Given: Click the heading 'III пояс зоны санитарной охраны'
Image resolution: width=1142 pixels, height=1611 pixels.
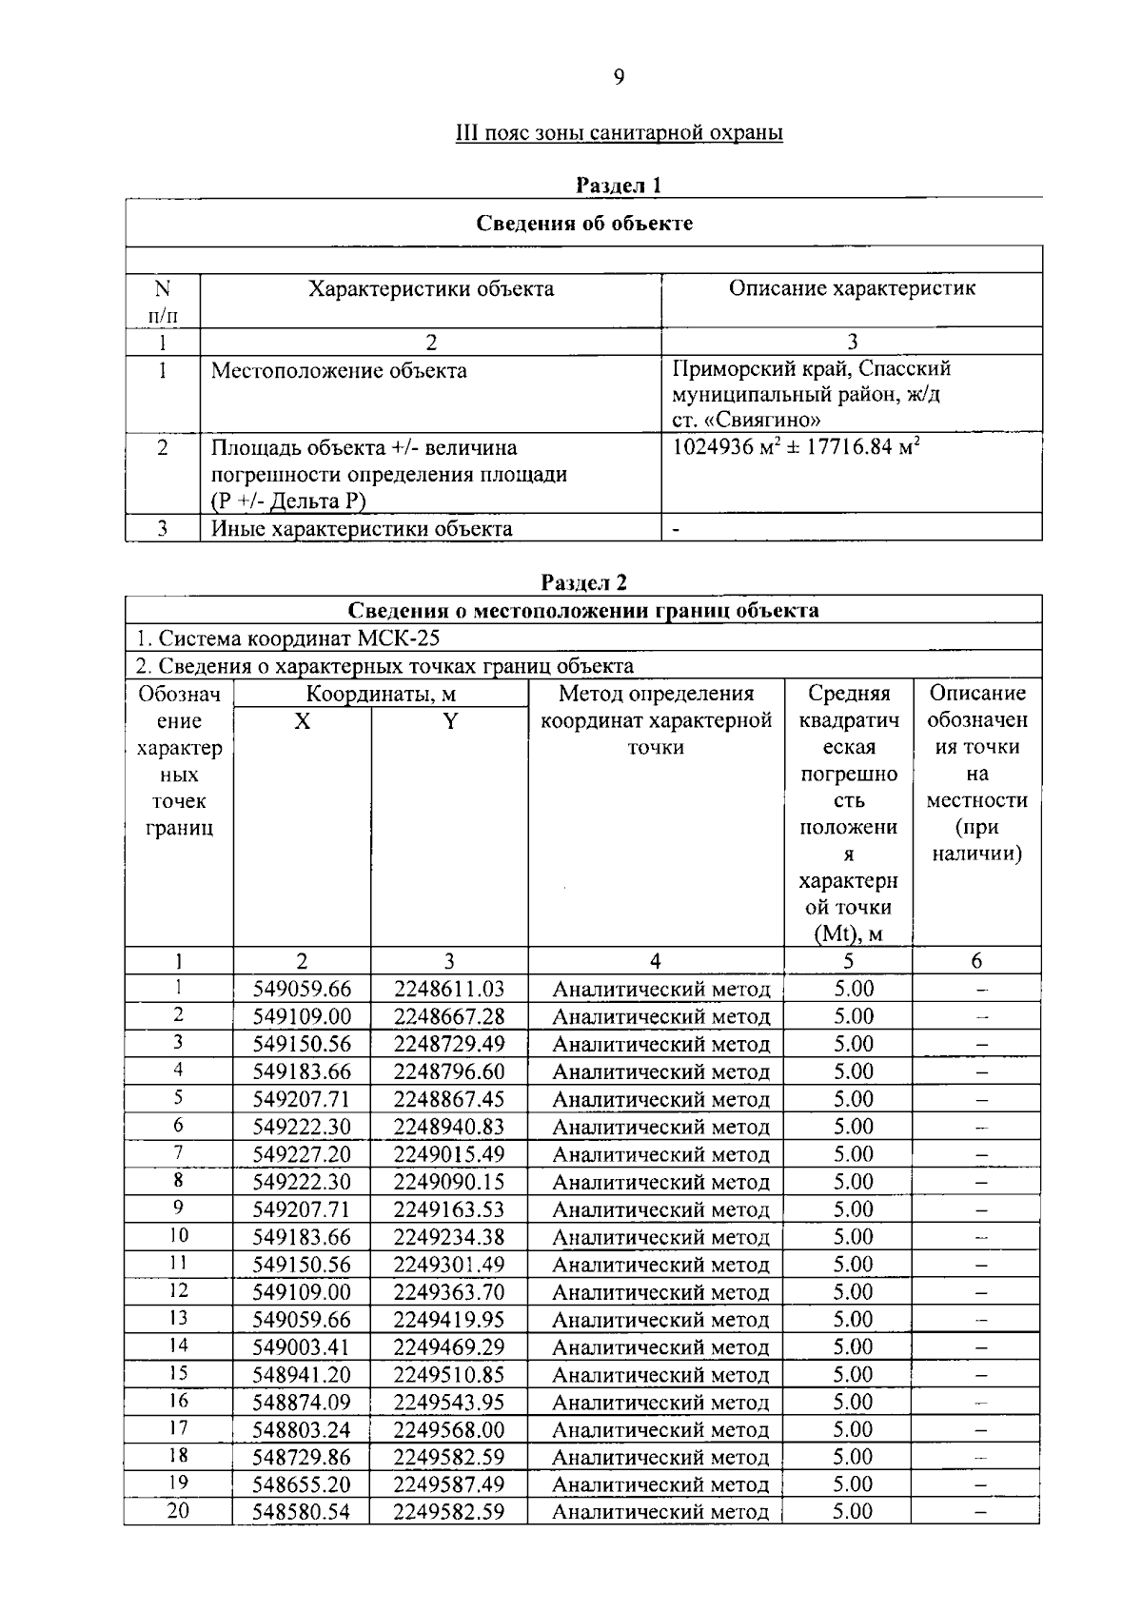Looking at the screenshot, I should click(619, 132).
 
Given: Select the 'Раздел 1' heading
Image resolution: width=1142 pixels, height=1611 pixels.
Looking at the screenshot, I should click(619, 186).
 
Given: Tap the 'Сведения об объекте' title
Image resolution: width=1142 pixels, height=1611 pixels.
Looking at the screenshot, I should click(583, 224).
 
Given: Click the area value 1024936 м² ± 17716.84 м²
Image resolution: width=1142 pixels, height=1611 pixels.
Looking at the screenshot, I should click(796, 446).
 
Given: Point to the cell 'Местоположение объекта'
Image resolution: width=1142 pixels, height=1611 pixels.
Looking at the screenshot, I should click(339, 370).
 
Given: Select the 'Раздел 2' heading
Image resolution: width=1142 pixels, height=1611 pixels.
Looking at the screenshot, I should click(583, 582).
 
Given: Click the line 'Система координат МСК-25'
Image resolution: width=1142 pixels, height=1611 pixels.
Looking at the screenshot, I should click(289, 639).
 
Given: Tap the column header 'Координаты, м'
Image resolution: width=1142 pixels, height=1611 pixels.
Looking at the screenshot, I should click(381, 694).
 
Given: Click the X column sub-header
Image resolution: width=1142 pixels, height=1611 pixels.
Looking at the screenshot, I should click(302, 721).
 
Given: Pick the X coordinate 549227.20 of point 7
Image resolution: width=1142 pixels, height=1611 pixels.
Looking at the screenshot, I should click(302, 1154).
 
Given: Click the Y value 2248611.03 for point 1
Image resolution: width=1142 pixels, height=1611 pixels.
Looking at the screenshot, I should click(449, 989).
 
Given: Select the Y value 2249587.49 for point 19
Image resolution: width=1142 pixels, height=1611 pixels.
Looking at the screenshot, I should click(449, 1484).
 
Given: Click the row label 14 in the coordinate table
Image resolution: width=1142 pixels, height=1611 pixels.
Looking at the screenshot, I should click(178, 1346).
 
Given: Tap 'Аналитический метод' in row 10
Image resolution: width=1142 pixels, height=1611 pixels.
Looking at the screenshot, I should click(660, 1237).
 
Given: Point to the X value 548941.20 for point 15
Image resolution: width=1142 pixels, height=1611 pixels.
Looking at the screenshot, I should click(302, 1374).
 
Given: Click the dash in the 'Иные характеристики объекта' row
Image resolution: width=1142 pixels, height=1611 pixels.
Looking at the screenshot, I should click(676, 529).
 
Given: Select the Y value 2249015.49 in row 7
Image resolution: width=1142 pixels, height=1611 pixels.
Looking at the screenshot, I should click(449, 1154).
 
